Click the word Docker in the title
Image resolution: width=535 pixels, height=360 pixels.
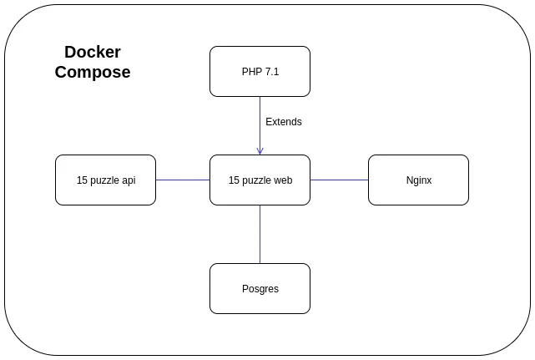[93, 52]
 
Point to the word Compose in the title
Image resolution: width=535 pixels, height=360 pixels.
[93, 73]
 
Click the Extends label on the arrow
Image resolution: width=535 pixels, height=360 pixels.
[284, 122]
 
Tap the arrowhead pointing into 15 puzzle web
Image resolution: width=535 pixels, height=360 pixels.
[260, 151]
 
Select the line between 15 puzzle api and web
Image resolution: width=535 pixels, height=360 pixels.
[183, 180]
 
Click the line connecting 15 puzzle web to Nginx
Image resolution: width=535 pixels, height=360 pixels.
[339, 180]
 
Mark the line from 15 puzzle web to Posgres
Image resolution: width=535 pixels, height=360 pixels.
[260, 234]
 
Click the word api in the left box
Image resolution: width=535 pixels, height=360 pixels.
[129, 180]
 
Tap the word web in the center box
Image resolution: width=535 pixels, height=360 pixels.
[282, 180]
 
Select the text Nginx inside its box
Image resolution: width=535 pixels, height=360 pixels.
[418, 180]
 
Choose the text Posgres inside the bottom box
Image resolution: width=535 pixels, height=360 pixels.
[260, 289]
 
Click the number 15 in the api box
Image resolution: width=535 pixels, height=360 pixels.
[82, 180]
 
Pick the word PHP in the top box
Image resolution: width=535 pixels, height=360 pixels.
[251, 72]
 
